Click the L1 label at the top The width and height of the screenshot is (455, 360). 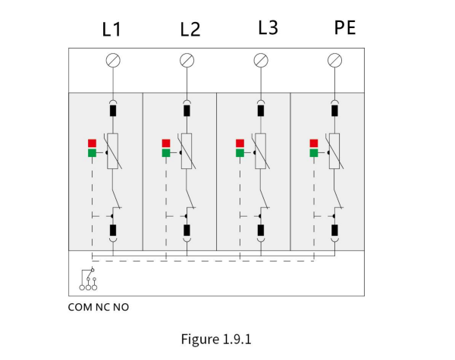111,30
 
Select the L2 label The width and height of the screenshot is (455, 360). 190,30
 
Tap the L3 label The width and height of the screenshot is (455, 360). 268,27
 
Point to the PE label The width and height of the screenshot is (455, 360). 345,27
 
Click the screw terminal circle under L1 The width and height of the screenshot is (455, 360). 113,61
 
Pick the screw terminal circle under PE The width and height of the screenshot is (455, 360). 335,61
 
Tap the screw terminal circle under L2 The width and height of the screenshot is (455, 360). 187,61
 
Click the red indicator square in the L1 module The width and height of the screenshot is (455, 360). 92,143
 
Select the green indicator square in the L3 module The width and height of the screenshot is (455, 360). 240,153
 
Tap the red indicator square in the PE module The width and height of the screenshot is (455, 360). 314,143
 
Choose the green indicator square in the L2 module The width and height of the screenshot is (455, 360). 166,153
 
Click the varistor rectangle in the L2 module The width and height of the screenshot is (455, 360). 187,151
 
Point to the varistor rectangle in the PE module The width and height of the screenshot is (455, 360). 334,151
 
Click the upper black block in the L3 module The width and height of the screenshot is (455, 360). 261,111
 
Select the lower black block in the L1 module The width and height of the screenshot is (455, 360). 113,230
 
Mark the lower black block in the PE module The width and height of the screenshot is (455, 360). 334,230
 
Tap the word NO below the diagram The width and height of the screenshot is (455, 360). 121,307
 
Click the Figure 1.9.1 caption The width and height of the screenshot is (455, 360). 216,339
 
